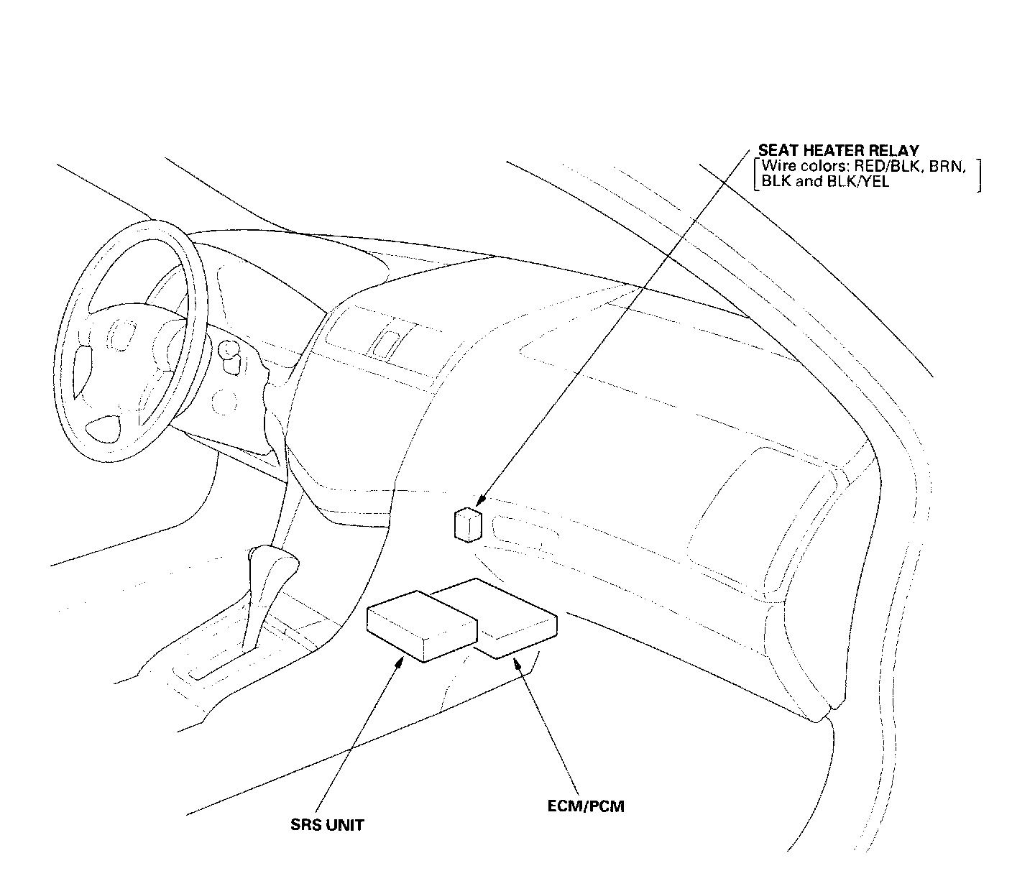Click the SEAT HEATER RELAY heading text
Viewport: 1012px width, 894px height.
838,151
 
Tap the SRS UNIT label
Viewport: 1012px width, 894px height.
327,825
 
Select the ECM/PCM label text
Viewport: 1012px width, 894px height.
586,806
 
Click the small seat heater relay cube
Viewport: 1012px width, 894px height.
467,524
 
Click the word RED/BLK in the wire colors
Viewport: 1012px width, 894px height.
873,166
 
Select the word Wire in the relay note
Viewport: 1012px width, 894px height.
775,166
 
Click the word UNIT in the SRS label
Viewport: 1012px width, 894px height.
344,825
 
